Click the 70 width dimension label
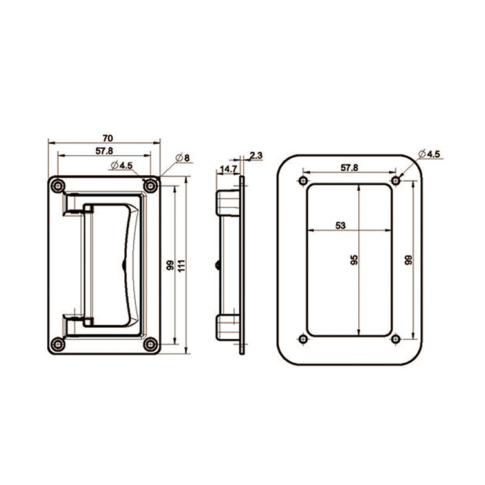tap(107, 138)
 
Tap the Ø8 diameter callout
tap(183, 158)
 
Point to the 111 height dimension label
tap(182, 265)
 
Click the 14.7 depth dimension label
tap(228, 169)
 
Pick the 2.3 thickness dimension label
tap(255, 155)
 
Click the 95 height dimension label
tap(354, 260)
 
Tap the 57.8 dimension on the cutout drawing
tap(349, 168)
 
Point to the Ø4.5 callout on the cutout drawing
tap(429, 154)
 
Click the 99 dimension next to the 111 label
tap(169, 265)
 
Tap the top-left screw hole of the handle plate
tap(58, 186)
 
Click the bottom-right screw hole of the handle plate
tap(151, 344)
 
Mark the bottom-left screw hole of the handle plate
tap(58, 344)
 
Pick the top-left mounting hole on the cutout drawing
tap(302, 180)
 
